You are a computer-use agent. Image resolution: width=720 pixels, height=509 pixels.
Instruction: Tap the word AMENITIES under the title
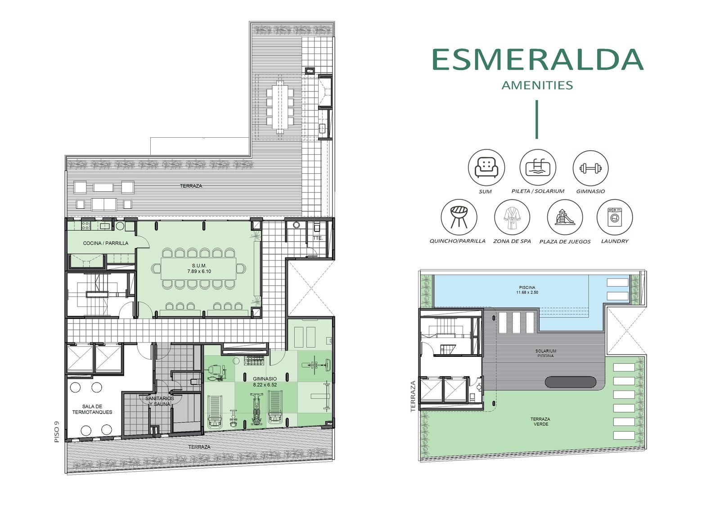[537, 85]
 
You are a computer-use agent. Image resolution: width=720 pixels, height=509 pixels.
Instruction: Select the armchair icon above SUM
[486, 167]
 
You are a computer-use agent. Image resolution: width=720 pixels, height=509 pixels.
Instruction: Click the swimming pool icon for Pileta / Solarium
[538, 167]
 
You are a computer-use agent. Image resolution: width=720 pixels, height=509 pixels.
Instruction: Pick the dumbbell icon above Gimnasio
[590, 168]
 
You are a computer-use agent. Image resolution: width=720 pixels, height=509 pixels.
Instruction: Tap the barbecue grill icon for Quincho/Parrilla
[459, 217]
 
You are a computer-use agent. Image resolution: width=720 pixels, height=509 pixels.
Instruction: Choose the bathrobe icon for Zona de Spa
[512, 218]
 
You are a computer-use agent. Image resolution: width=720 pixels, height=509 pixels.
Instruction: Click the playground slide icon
[564, 217]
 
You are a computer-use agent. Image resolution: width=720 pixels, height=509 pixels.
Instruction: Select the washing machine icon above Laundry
[614, 217]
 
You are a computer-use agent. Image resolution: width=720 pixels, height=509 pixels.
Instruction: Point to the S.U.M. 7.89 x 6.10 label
[199, 269]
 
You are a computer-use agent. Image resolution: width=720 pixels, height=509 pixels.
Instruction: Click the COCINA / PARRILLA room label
[105, 243]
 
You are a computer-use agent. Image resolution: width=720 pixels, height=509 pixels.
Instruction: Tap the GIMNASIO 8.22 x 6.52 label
[265, 382]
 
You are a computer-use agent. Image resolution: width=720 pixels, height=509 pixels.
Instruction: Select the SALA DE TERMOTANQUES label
[92, 410]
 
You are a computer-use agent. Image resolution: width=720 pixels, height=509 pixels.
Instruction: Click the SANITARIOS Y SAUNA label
[159, 401]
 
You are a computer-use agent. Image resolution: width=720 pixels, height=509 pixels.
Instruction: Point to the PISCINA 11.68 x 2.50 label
[527, 290]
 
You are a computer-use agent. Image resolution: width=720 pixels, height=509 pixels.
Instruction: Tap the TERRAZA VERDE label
[540, 422]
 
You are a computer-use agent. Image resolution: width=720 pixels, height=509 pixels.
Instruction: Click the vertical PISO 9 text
[57, 432]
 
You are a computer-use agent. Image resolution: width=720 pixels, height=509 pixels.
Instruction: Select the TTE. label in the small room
[318, 238]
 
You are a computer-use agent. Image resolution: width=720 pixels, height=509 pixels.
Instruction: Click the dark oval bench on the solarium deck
[571, 382]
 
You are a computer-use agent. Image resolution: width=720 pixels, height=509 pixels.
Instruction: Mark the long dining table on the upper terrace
[279, 107]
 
